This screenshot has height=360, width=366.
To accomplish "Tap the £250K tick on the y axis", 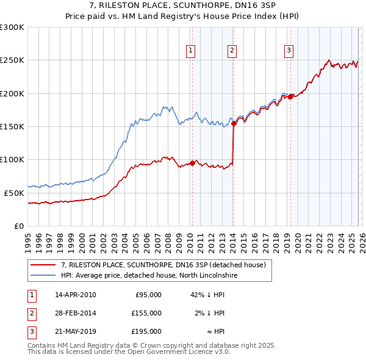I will coord(12,60).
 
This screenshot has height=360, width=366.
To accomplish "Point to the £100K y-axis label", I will coord(12,159).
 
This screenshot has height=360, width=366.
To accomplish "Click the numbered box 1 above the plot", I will coord(191,51).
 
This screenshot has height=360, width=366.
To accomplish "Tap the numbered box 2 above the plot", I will coord(232,51).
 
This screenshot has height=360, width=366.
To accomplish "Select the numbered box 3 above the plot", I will coord(289,51).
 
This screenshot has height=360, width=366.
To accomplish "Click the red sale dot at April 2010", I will coord(192,163).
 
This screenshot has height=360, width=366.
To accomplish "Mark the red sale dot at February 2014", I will coord(234,123).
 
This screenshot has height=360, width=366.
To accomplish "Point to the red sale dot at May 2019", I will coord(290,96).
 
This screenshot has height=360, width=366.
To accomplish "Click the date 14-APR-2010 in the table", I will coord(75,295).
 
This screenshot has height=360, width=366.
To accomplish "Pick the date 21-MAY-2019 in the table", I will coord(75,331).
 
